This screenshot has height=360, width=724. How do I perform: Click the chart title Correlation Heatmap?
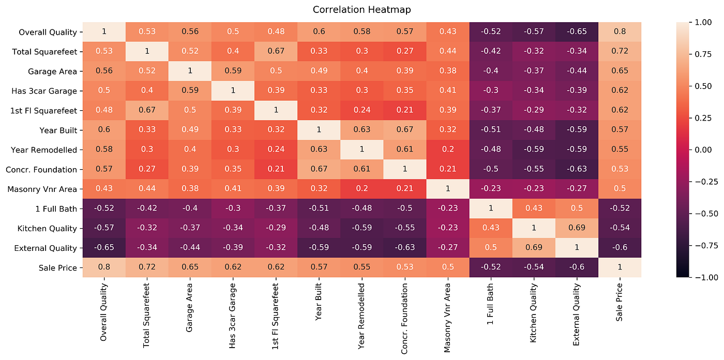coord(361,10)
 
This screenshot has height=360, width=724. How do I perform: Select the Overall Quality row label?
coord(48,32)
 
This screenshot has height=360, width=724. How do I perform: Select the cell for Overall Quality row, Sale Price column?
coord(620,32)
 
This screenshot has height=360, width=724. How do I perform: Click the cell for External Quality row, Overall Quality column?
coord(104,248)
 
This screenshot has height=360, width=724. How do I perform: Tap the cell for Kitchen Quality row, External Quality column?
coord(577,228)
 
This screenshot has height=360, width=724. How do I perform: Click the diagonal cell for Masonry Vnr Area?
coord(448,189)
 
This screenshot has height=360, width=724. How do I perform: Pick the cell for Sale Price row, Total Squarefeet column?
coord(147,267)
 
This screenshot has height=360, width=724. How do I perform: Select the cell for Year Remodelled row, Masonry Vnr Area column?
coord(448,149)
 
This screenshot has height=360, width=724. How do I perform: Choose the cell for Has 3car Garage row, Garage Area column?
coord(190,91)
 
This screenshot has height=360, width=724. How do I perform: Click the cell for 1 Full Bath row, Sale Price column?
coord(620,208)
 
